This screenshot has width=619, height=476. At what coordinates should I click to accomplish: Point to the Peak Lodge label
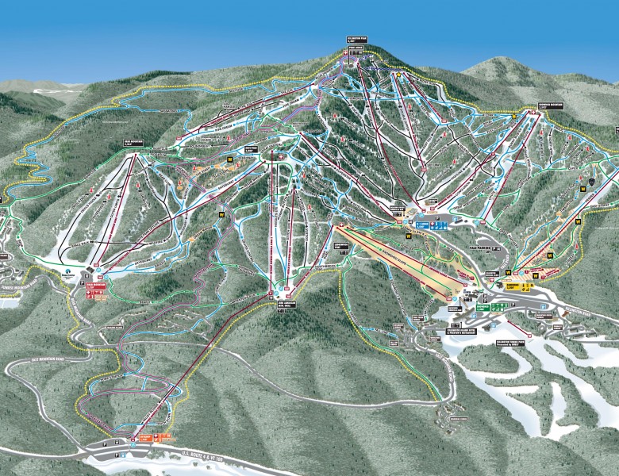[354, 48]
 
